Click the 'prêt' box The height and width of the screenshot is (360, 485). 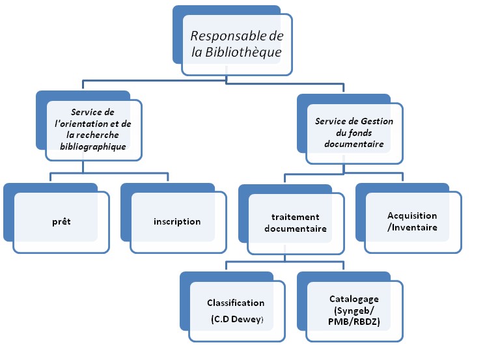(61, 221)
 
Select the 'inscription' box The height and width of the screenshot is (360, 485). (177, 221)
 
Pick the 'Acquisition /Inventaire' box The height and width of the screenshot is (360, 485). (412, 221)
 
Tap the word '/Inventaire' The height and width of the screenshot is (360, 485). (412, 227)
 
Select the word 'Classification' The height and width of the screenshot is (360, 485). (236, 303)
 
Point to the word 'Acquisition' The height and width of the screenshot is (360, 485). (412, 215)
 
